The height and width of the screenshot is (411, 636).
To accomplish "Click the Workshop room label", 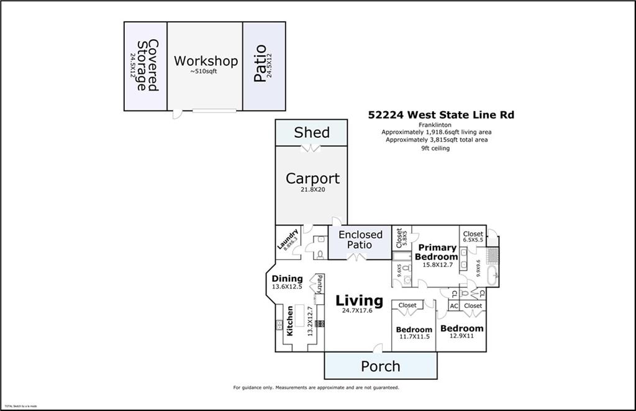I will click(206, 61).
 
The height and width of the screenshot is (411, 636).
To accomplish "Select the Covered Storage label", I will click(148, 65).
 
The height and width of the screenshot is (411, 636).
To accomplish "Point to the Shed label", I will click(312, 132).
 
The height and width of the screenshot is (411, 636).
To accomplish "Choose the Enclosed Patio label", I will click(360, 240).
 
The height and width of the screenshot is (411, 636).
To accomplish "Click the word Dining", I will click(287, 279).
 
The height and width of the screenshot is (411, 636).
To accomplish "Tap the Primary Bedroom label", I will click(436, 252).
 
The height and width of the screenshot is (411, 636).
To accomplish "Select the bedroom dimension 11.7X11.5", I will click(414, 337).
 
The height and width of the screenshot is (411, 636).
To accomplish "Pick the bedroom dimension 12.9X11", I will click(461, 336).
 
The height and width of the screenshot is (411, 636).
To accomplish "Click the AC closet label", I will click(453, 305).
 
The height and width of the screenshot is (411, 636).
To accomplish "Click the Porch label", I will click(381, 366).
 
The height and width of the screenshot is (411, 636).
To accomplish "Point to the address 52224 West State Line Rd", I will click(441, 114).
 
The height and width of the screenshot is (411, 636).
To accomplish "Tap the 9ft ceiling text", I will click(435, 148).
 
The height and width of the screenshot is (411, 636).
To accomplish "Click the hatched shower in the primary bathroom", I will click(492, 256).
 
